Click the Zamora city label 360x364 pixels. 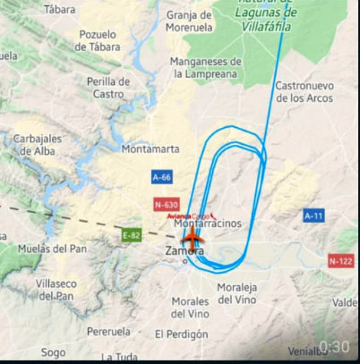tap(185, 252)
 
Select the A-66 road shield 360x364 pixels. tap(161, 178)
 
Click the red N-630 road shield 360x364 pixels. tap(167, 205)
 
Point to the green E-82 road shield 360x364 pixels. tap(133, 235)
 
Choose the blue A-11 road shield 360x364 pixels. tap(313, 216)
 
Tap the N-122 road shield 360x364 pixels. tap(340, 261)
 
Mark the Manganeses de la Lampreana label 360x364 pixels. tap(207, 67)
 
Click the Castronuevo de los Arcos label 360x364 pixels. tap(304, 92)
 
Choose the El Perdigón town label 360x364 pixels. tap(180, 334)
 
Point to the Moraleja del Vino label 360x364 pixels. tap(237, 292)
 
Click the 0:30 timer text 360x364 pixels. tap(333, 346)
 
